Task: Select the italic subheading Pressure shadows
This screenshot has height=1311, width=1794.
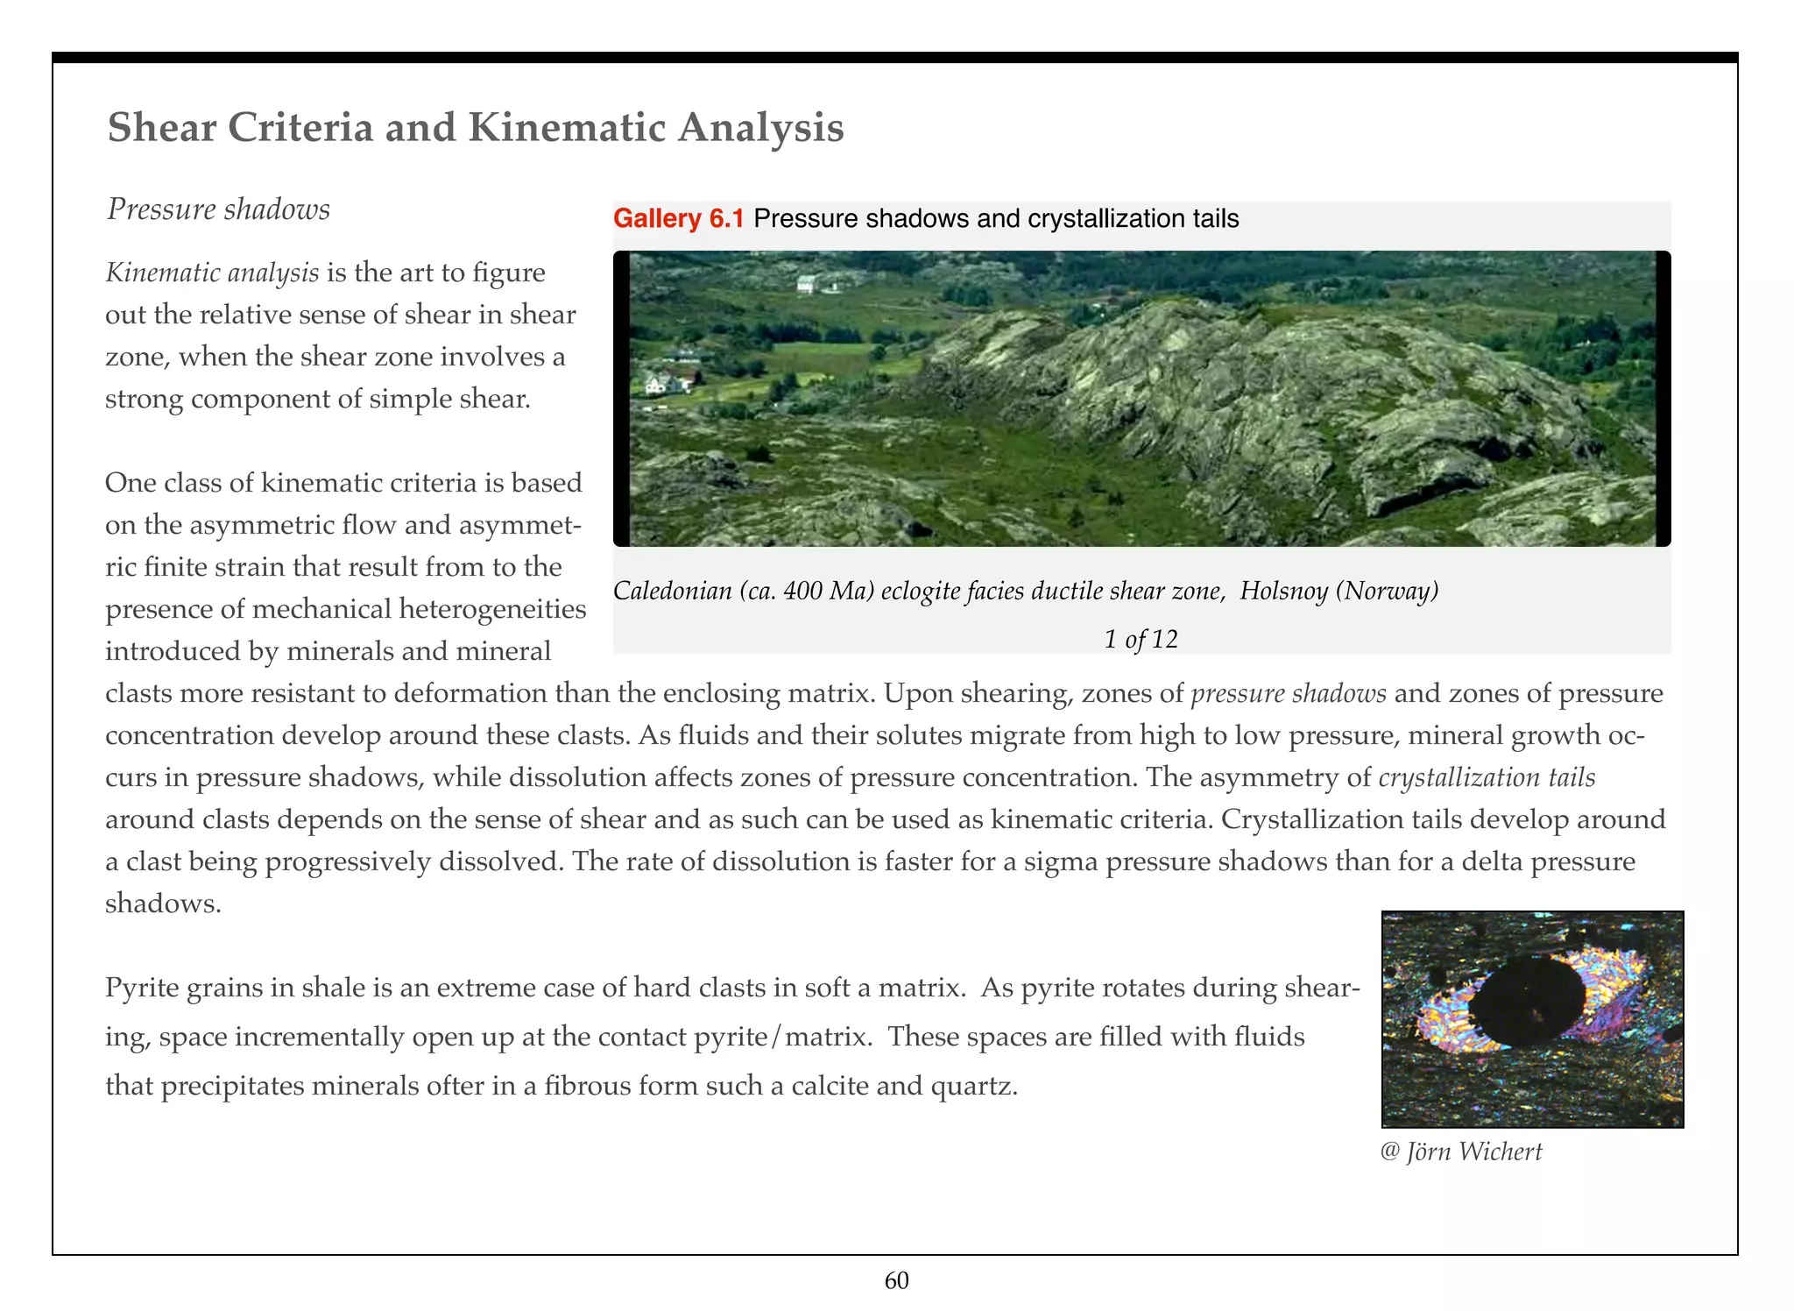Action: pos(218,209)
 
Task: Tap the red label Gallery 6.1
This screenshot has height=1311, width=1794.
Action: pos(678,218)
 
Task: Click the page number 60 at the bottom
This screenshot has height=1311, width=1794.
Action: pos(896,1281)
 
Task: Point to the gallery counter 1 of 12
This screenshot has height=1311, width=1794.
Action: pos(1141,639)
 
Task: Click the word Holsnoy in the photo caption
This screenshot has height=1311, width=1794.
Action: pos(1283,591)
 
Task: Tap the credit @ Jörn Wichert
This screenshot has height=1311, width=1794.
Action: pos(1461,1152)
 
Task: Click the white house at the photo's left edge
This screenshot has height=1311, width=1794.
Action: pos(658,383)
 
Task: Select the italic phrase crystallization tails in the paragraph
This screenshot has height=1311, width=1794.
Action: pos(1487,777)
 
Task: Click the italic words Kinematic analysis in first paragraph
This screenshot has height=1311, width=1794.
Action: pos(212,273)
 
